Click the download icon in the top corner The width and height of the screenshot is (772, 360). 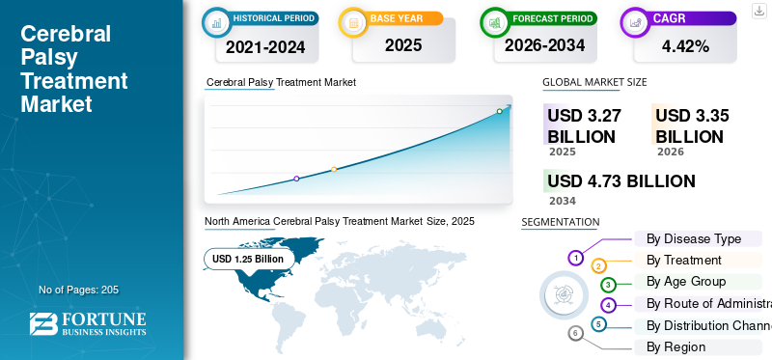pyautogui.click(x=758, y=10)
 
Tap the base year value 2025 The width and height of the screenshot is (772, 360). pyautogui.click(x=403, y=45)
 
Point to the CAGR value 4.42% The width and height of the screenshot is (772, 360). pyautogui.click(x=684, y=46)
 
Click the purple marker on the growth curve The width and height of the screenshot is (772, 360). pyautogui.click(x=296, y=179)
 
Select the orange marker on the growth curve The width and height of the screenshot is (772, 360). pyautogui.click(x=334, y=169)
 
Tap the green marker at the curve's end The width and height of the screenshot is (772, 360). pyautogui.click(x=499, y=112)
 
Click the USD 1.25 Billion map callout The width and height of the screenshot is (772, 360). pyautogui.click(x=248, y=259)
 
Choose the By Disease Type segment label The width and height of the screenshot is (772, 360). pyautogui.click(x=693, y=238)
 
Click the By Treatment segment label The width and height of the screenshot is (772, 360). pyautogui.click(x=683, y=260)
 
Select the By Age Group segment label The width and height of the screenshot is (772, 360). pyautogui.click(x=686, y=281)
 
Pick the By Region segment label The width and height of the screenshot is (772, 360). pyautogui.click(x=675, y=346)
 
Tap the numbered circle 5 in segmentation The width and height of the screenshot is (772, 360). pyautogui.click(x=599, y=324)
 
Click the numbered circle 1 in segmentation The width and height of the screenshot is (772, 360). pyautogui.click(x=576, y=258)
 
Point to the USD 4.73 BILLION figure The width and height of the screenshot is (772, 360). pyautogui.click(x=620, y=181)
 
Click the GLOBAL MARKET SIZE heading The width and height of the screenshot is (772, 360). pyautogui.click(x=594, y=83)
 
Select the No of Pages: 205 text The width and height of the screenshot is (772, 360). pyautogui.click(x=78, y=290)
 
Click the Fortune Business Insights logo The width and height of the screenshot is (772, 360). pyautogui.click(x=88, y=324)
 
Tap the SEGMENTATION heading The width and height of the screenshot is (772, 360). pyautogui.click(x=560, y=222)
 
